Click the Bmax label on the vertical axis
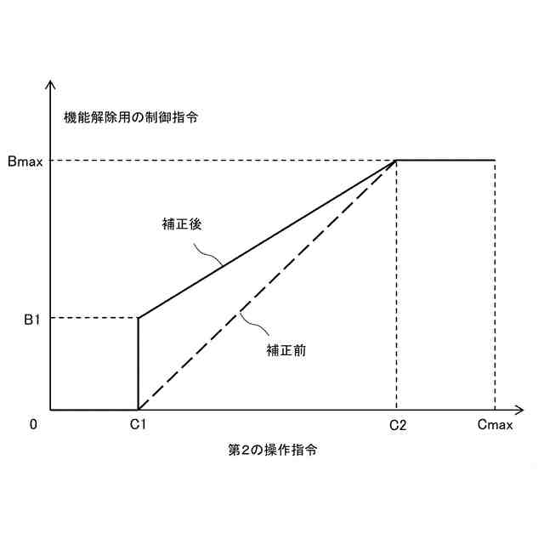point(25,161)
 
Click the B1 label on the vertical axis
point(31,319)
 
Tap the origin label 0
point(33,425)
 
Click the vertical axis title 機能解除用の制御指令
point(131,116)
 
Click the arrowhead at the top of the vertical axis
point(52,85)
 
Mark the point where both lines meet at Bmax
point(397,160)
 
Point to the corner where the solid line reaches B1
point(138,318)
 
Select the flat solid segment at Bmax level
point(445,160)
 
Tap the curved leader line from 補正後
point(207,254)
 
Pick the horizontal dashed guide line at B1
point(93,318)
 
